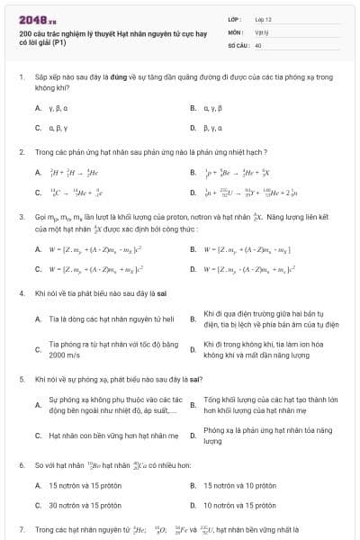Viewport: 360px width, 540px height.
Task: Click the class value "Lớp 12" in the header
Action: point(262,18)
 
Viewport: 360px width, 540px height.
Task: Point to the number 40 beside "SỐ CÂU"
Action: point(258,44)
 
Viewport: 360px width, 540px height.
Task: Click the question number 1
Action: point(21,78)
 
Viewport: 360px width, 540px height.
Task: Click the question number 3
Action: point(21,217)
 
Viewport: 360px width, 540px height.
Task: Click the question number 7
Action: point(21,529)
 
